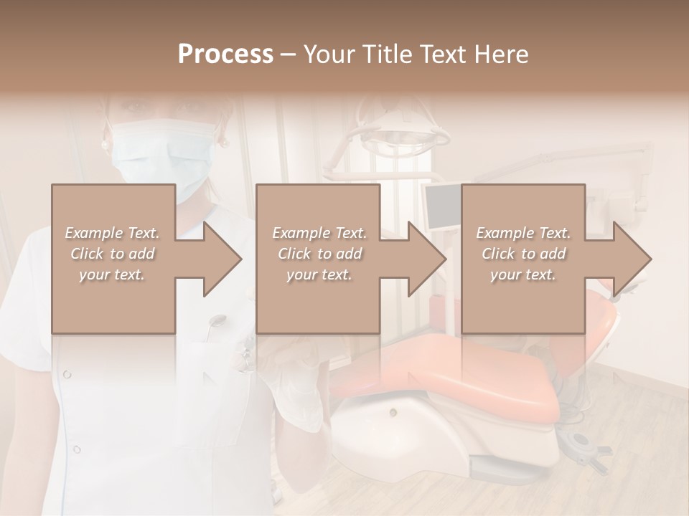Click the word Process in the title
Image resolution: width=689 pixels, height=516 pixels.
225,54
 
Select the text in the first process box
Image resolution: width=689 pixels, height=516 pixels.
113,254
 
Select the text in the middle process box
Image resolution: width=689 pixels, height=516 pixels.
319,254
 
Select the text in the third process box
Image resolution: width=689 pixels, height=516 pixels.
523,254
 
